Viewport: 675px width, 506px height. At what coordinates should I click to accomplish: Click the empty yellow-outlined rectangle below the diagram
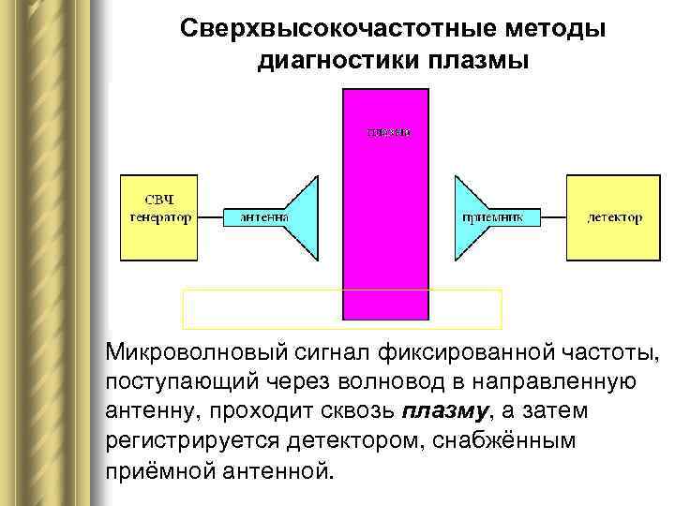coord(341,309)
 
